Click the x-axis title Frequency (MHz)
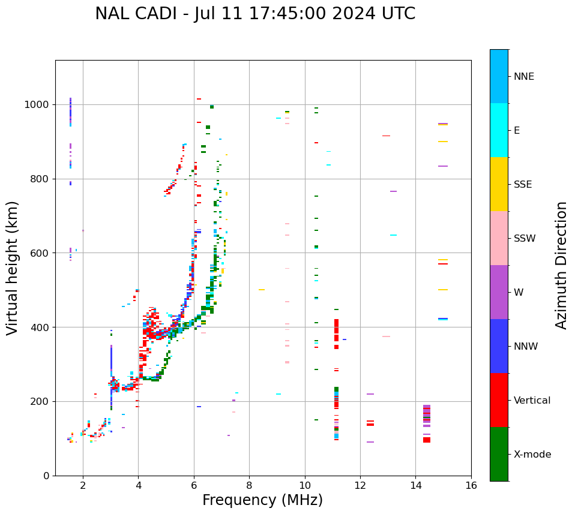pos(262,500)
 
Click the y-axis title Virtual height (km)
pos(13,267)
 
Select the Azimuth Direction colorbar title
pos(561,264)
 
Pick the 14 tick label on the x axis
pos(415,485)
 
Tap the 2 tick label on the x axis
pos(83,485)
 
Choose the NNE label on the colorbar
pos(523,77)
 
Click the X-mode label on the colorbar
pos(532,455)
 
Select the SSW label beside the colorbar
pos(525,239)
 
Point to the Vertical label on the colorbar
pos(532,401)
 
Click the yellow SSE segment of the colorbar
pos(499,184)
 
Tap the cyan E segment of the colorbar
pos(499,130)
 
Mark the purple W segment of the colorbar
pos(499,292)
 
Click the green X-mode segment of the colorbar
pos(499,454)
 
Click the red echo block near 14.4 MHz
pos(427,440)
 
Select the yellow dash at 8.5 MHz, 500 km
pos(262,290)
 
